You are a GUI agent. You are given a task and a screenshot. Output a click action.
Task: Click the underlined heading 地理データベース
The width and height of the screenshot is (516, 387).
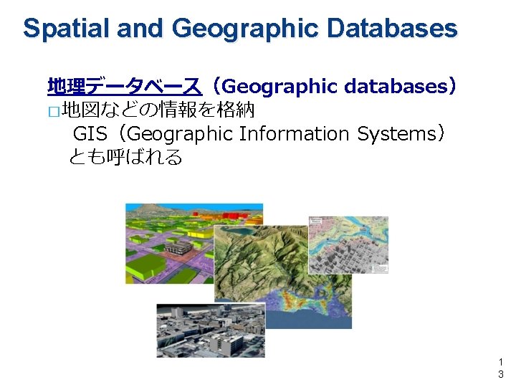(x=124, y=87)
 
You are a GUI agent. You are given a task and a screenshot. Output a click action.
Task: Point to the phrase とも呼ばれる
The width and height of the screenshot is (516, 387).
(x=125, y=156)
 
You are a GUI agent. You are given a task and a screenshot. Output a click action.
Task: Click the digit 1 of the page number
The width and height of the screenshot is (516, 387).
(x=500, y=363)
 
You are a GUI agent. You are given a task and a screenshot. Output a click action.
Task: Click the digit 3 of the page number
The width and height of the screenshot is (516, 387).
(x=500, y=374)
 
